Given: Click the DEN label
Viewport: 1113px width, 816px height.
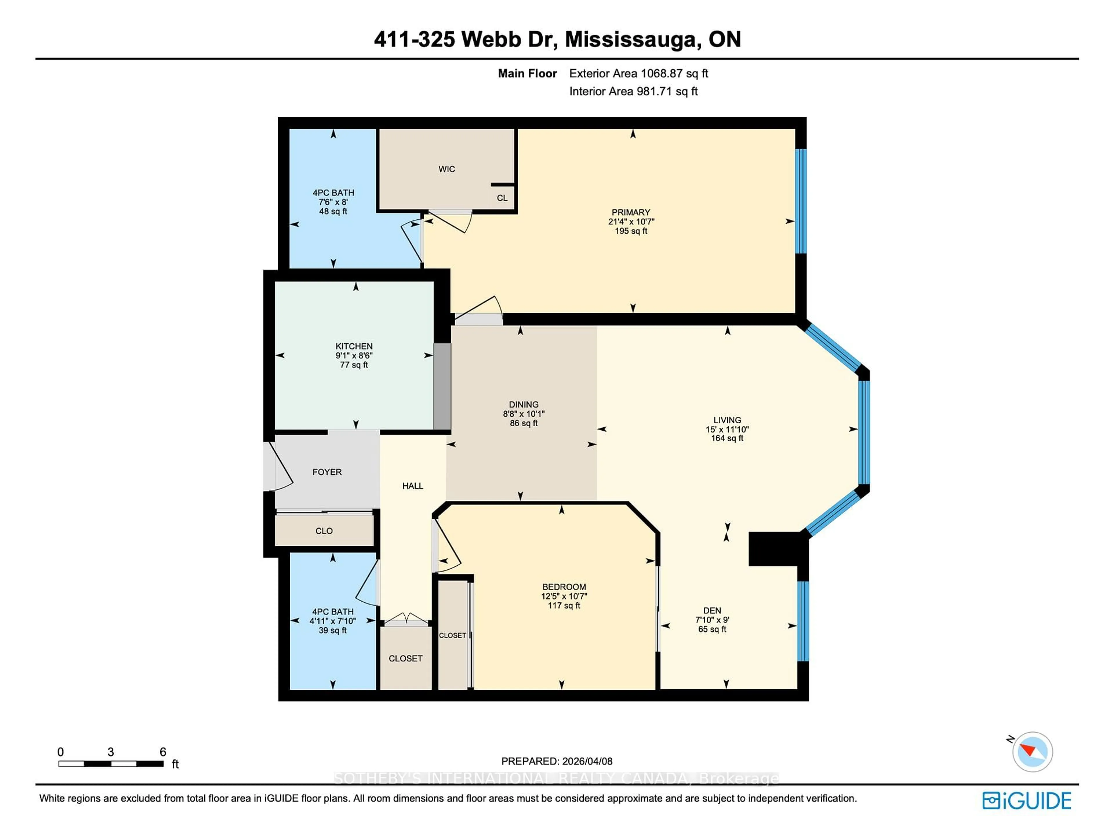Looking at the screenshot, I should pos(712,611).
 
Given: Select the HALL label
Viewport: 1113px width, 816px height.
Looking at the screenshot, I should pos(412,486).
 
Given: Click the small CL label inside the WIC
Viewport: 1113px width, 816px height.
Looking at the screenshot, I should pos(502,198).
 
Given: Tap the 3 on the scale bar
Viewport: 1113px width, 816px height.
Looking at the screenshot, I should pos(111,752).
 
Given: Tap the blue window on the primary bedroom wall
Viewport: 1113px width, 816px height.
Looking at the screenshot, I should pos(801,201).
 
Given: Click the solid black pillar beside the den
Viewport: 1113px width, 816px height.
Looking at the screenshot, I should pos(773,548).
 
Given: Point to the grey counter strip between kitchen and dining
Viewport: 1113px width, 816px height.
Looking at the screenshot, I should pos(442,386).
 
